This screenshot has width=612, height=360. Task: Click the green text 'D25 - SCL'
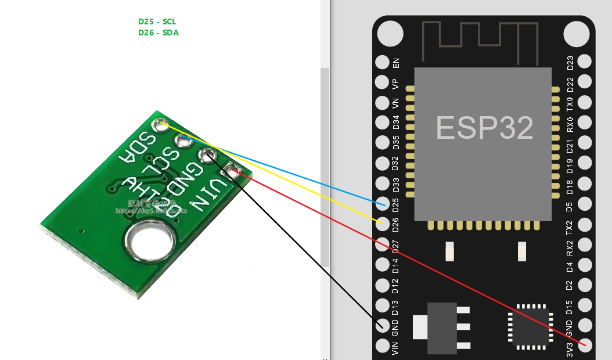157,21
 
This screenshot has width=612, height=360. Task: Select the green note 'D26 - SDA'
158,33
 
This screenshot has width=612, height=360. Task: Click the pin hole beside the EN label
382,62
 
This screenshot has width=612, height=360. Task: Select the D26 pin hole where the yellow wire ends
382,224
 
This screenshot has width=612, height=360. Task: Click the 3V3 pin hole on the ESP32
585,345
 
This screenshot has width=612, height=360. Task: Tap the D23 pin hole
585,62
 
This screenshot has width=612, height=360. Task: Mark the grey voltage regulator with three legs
441,327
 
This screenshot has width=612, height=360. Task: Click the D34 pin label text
397,123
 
